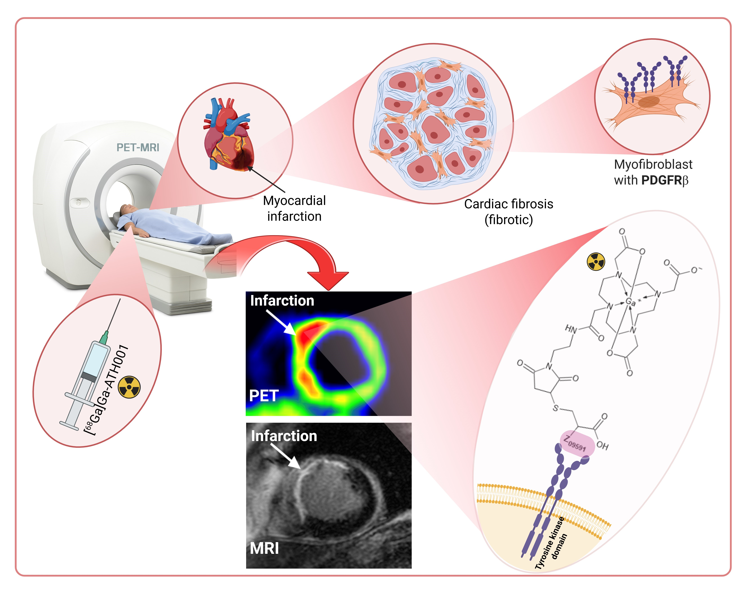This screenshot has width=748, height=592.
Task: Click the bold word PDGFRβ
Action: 664,180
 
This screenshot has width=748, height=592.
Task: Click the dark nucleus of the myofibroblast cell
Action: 649,101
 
